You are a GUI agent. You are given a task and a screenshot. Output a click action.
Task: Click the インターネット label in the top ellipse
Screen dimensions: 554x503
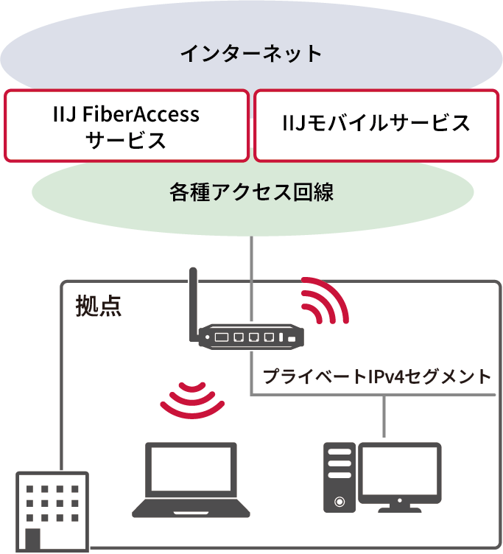pyautogui.click(x=251, y=54)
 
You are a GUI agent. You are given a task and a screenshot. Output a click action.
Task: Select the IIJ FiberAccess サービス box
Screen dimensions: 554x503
pyautogui.click(x=126, y=126)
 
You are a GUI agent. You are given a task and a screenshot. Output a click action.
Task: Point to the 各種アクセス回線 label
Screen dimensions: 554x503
pyautogui.click(x=251, y=193)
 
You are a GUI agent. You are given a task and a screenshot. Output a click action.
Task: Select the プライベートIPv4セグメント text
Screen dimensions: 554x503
pyautogui.click(x=376, y=377)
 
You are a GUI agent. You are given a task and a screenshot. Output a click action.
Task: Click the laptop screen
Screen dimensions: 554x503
pyautogui.click(x=191, y=471)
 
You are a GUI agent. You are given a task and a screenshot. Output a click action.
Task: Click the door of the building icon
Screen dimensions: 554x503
pyautogui.click(x=33, y=539)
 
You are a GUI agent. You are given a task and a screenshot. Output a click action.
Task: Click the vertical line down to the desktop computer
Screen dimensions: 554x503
pyautogui.click(x=384, y=416)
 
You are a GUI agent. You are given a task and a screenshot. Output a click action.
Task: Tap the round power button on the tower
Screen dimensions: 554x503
pyautogui.click(x=340, y=501)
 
